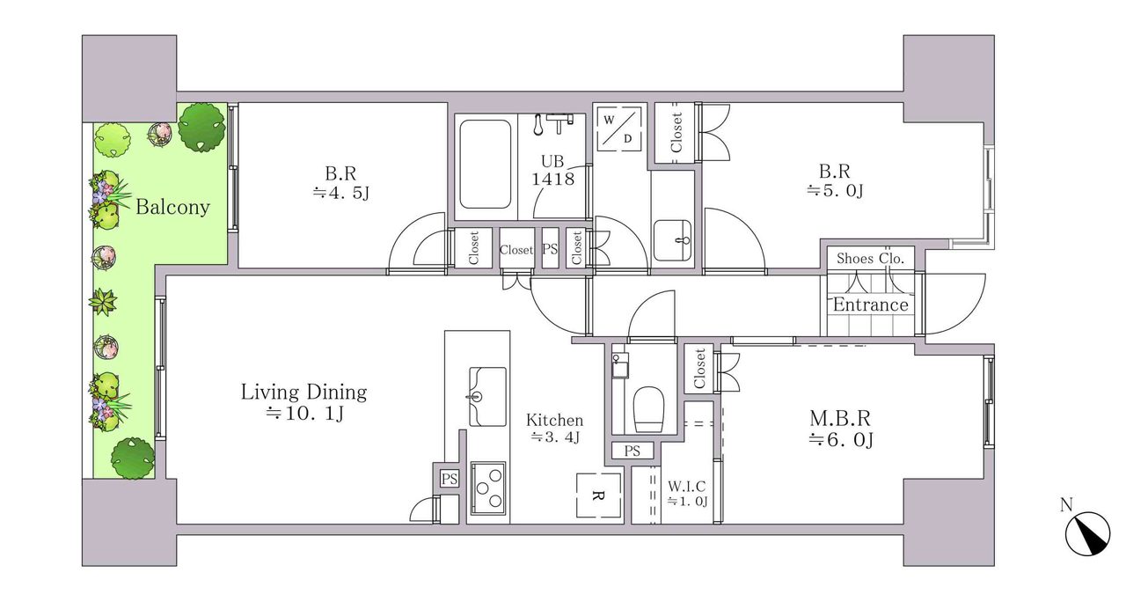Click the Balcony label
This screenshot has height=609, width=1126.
pos(172,207)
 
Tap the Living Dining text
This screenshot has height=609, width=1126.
pos(303,393)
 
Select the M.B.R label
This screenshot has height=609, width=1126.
pos(839,418)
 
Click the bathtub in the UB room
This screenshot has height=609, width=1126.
pos(485,164)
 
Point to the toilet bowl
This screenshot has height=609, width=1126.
pos(649,409)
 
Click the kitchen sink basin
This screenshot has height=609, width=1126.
pos(487,397)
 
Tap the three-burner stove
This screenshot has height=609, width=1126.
pos(487,488)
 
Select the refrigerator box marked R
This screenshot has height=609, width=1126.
pos(599,495)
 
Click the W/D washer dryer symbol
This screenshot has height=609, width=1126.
pos(618,128)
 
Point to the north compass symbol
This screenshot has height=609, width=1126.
pos(1087,533)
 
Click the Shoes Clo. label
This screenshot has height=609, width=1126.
pos(870,259)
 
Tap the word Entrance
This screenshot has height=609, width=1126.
pos(870,304)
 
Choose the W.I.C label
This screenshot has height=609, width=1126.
pos(687,487)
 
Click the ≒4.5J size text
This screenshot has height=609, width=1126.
pos(341,193)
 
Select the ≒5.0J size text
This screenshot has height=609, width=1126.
pos(835,191)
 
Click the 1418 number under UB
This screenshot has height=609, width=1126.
pos(553,179)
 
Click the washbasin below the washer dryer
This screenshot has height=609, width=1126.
pos(673,240)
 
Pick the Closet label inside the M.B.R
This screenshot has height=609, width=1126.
pos(699,369)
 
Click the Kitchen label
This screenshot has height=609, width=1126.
pos(554,420)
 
